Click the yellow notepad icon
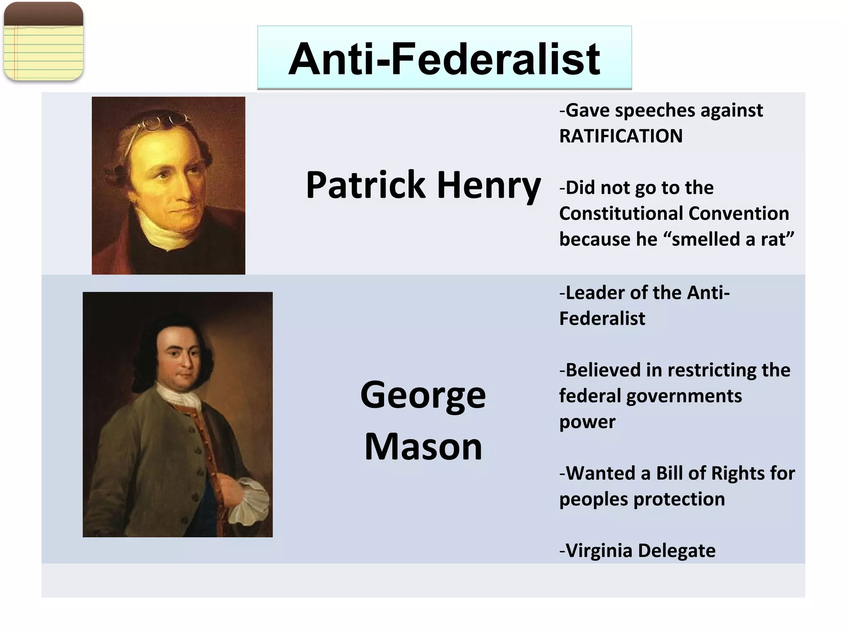coord(43,41)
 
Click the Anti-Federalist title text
coord(444,59)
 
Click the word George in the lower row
coord(423,395)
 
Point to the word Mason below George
coord(423,447)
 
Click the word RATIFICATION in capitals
coord(621,136)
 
